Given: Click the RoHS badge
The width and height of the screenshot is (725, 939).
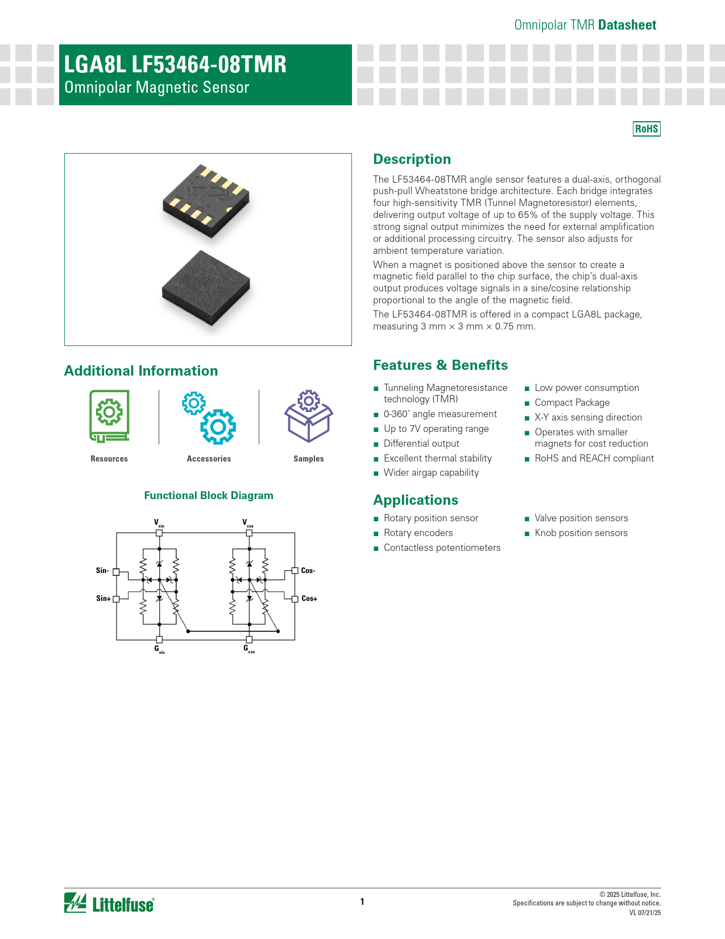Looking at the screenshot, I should point(647,129).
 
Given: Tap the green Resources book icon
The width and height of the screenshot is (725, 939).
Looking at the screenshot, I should point(109,416).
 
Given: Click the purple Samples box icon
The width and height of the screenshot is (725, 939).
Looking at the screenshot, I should point(308,416).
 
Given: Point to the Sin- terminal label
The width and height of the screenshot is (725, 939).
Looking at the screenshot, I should point(102,570).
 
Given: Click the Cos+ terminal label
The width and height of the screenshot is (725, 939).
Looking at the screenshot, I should point(309,599).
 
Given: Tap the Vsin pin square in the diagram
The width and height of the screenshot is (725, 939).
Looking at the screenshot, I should point(159,533).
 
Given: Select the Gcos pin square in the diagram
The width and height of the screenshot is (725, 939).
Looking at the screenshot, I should point(249,640).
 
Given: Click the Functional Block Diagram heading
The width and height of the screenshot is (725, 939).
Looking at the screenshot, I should point(209,496).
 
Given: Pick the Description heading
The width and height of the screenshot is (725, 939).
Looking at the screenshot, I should point(412,159).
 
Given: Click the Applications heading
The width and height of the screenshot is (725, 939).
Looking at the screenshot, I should point(416,500).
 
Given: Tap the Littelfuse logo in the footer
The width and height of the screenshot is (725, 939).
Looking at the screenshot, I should point(109,903).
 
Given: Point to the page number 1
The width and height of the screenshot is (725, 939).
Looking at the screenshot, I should point(362,901).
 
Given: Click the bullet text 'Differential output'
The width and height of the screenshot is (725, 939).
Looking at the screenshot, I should point(421,443).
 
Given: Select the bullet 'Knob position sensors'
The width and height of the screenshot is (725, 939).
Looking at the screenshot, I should point(581,533).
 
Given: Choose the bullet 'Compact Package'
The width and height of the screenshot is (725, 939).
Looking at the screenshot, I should point(572,402).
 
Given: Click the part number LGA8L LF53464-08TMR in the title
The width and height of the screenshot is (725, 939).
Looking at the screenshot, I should point(175,65).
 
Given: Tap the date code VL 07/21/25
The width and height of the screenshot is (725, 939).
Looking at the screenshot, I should point(645,913).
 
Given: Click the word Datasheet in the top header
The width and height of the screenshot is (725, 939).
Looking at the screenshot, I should point(627,25).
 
